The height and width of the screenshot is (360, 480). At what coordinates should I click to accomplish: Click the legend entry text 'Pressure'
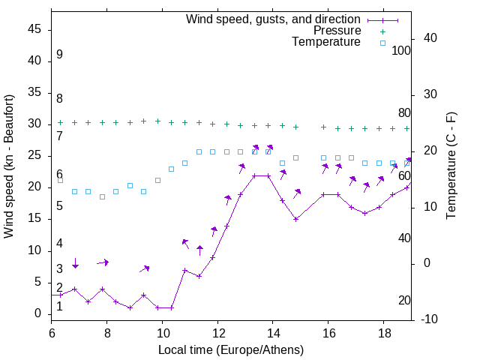pyautogui.click(x=337, y=31)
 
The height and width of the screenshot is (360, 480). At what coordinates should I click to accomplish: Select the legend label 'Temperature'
pyautogui.click(x=326, y=43)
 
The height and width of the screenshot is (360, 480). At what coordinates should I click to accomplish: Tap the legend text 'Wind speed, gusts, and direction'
pyautogui.click(x=274, y=19)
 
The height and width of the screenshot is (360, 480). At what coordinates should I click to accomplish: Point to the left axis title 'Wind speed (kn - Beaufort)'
pyautogui.click(x=9, y=166)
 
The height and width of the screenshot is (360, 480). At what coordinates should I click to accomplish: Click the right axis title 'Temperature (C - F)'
pyautogui.click(x=451, y=166)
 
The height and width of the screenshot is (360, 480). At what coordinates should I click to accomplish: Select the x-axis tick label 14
pyautogui.click(x=273, y=332)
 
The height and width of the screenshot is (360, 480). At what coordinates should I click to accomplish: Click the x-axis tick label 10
pyautogui.click(x=162, y=332)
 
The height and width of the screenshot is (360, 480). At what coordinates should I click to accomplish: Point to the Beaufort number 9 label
pyautogui.click(x=59, y=55)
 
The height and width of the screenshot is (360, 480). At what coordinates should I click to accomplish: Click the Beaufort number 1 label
pyautogui.click(x=59, y=306)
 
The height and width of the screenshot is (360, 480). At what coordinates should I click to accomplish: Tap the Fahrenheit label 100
pyautogui.click(x=401, y=50)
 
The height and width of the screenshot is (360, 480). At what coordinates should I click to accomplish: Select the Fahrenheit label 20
pyautogui.click(x=404, y=301)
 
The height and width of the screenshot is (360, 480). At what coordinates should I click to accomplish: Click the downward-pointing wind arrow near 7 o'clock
pyautogui.click(x=75, y=263)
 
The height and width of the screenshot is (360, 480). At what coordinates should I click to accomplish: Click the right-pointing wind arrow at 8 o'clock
pyautogui.click(x=103, y=262)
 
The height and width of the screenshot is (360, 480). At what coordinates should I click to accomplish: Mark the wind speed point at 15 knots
pyautogui.click(x=296, y=219)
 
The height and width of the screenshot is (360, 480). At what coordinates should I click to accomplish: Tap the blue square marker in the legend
pyautogui.click(x=382, y=43)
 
